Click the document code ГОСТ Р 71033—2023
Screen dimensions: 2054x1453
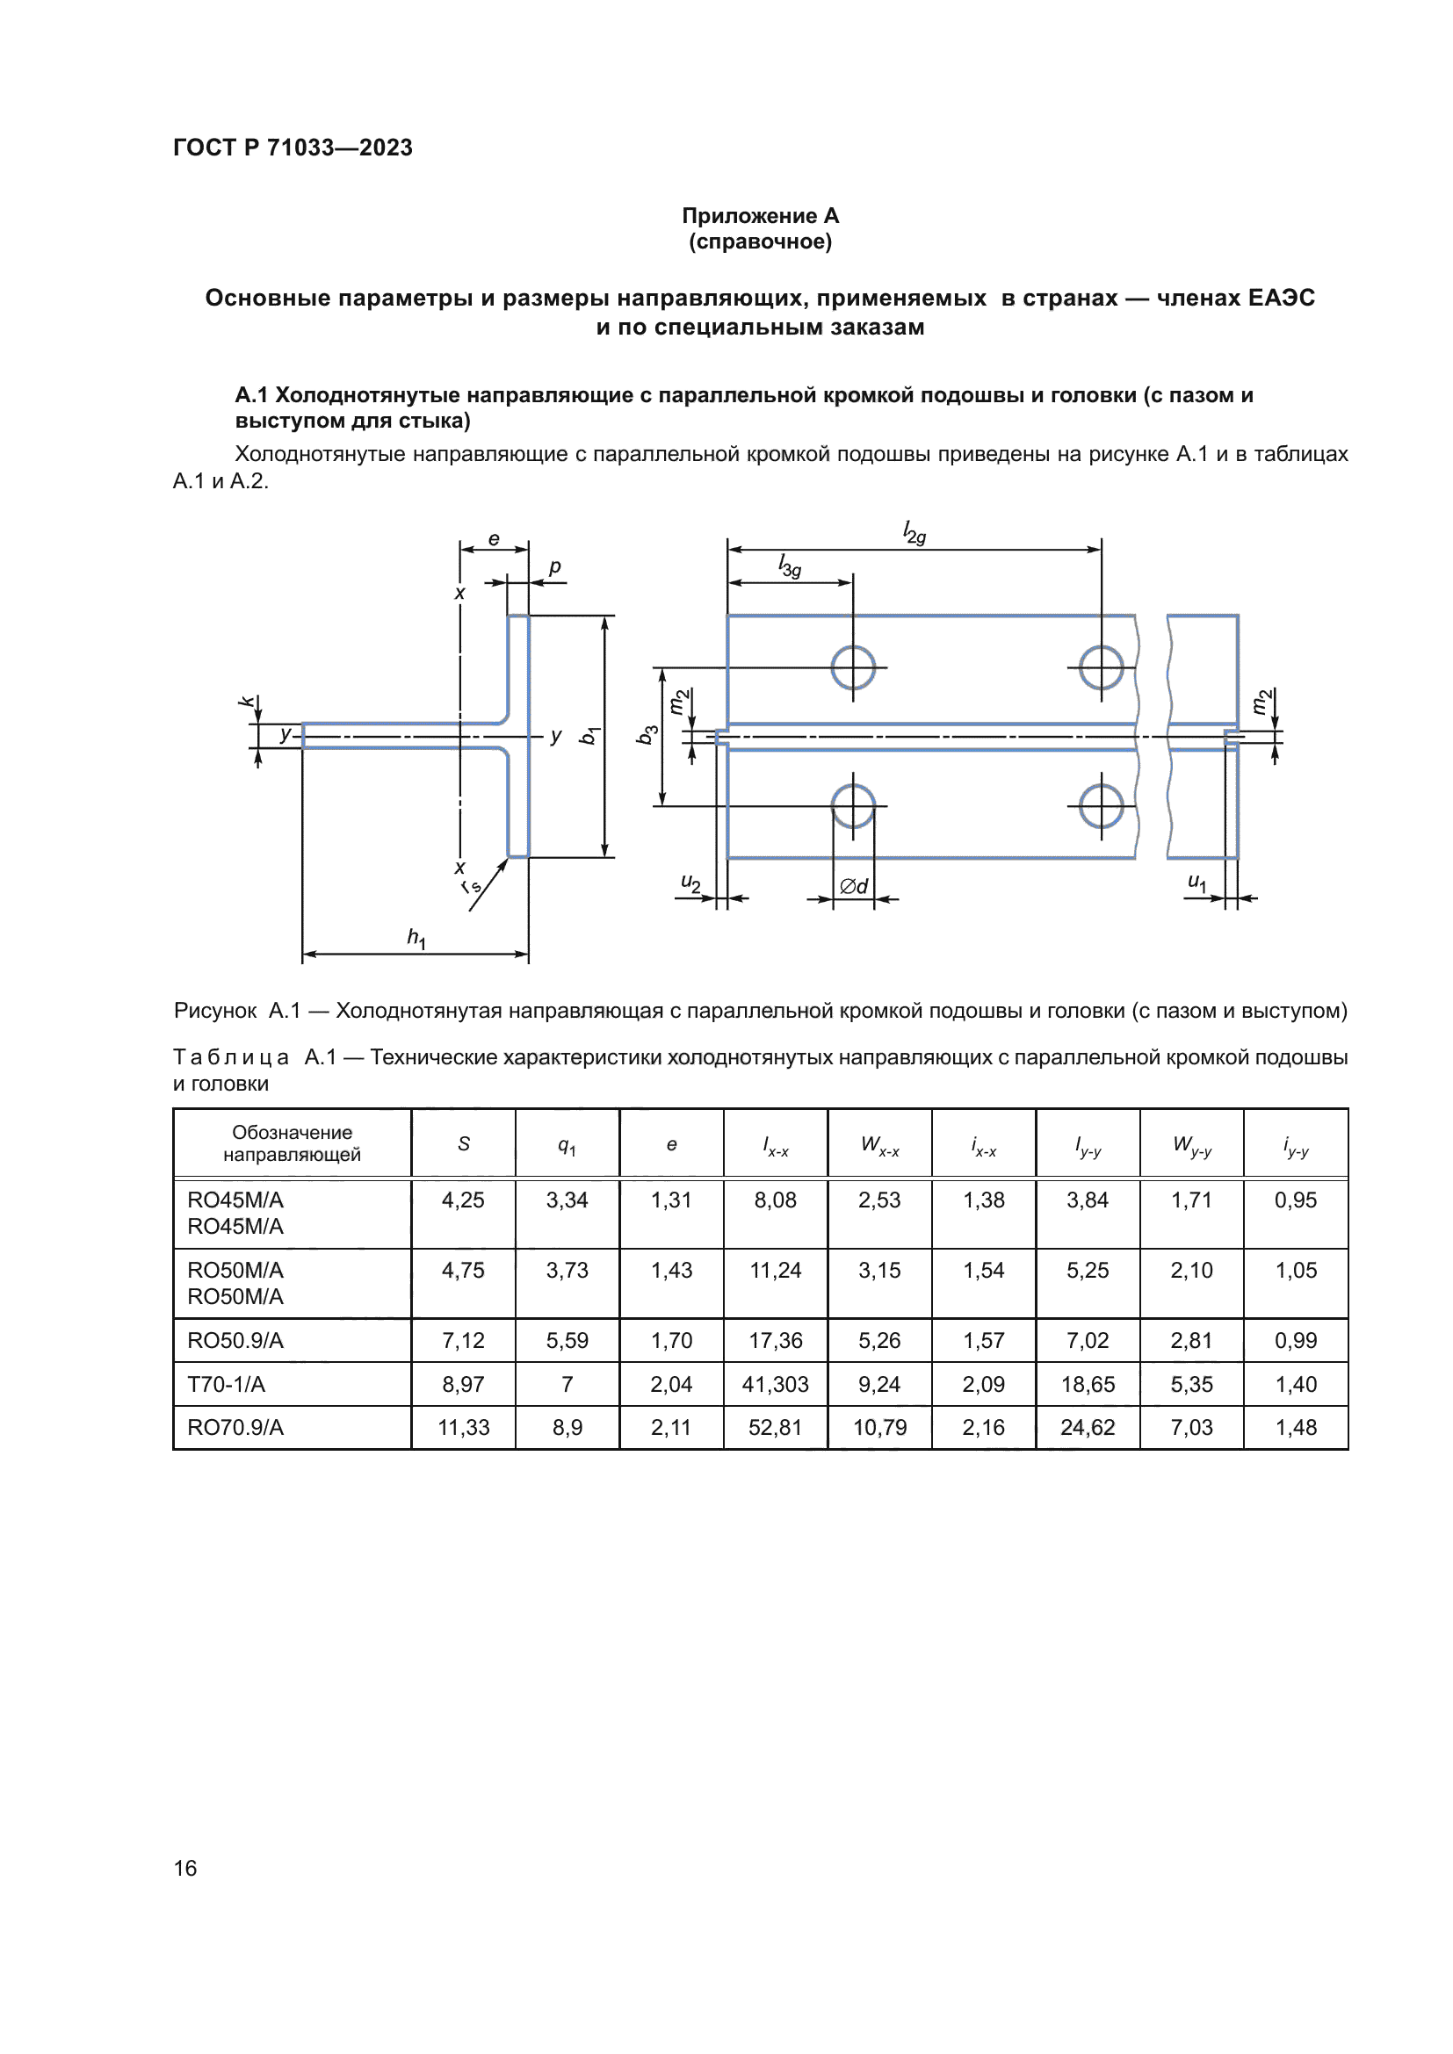tap(293, 148)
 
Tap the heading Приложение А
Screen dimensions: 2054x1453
tap(760, 216)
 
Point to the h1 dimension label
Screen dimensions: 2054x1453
tap(416, 938)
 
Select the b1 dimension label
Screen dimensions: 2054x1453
tap(589, 735)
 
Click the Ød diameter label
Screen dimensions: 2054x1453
tap(854, 886)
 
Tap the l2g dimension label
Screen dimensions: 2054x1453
tap(914, 533)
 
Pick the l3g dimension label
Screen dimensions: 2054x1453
tap(789, 566)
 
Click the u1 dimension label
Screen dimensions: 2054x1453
tap(1196, 882)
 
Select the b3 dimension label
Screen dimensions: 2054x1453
tap(647, 734)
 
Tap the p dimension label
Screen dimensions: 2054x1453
tap(554, 566)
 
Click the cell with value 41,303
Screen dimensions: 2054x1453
tap(775, 1384)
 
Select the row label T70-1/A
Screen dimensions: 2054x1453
tap(227, 1384)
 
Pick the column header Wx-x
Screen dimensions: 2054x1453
tap(879, 1144)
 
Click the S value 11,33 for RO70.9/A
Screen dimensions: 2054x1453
tap(464, 1427)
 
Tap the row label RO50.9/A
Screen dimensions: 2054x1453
tap(235, 1340)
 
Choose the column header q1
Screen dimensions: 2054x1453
tap(567, 1145)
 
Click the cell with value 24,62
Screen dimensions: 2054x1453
tap(1087, 1427)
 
